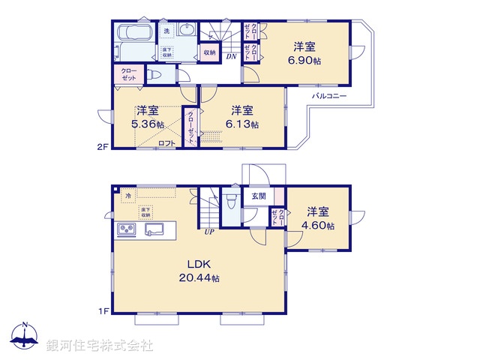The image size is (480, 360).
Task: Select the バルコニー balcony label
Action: [x=329, y=97]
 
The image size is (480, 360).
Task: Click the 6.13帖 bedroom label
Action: [x=244, y=124]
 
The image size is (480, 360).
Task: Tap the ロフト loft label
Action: [x=166, y=143]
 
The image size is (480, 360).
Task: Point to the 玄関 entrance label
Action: [x=256, y=196]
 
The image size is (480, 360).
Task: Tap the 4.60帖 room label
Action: [x=318, y=226]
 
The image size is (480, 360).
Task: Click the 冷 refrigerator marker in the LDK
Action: [x=128, y=196]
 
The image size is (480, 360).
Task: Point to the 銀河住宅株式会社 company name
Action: [x=99, y=345]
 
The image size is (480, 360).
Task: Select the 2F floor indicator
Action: [x=103, y=148]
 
